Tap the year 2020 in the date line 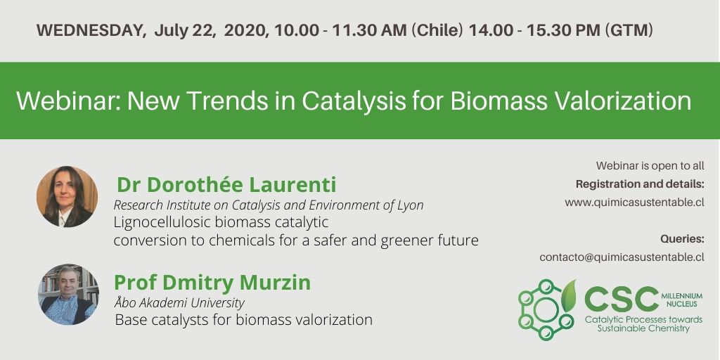(247, 30)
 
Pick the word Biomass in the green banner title (499, 101)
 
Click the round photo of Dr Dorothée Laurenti (67, 197)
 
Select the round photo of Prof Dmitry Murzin (68, 295)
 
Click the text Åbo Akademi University (179, 303)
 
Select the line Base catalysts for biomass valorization (243, 320)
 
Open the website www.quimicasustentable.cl (635, 202)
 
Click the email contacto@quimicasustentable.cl (622, 257)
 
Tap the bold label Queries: (682, 239)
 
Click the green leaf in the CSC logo (568, 296)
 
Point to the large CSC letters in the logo (621, 299)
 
